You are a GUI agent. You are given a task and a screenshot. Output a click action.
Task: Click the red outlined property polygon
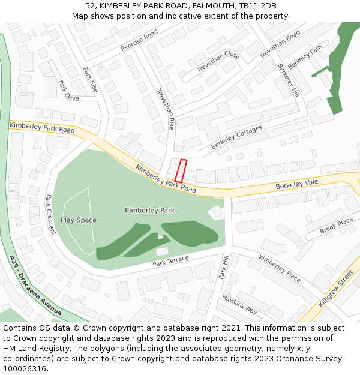point(181,171)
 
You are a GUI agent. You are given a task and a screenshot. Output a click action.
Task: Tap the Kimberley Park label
point(149,211)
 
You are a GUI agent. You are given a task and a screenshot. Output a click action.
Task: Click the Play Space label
point(79,220)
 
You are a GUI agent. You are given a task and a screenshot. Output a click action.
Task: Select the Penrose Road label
point(139,40)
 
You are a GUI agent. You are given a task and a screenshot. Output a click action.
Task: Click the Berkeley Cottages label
point(236,137)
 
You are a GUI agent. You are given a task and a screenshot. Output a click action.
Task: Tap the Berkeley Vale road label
point(296,184)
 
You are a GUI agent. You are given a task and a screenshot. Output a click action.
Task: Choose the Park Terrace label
point(170,261)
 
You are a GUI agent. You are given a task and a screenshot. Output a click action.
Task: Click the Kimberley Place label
point(280,268)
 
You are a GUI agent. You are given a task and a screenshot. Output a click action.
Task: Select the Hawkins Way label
point(239,304)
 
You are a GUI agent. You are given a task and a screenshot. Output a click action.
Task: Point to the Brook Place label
point(337,226)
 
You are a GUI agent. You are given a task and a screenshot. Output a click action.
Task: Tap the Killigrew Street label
point(336,289)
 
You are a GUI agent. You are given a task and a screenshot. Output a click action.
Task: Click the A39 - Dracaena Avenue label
point(36,286)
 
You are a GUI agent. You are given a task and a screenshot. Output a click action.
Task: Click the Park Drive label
point(68,90)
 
